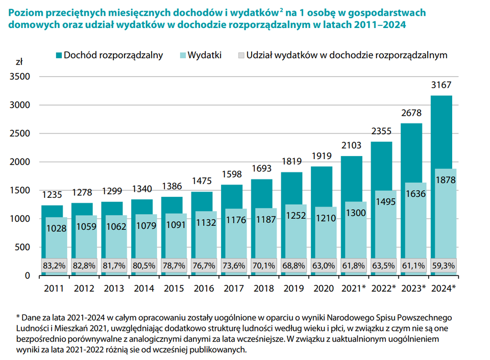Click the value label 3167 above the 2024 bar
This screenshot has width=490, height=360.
[442, 85]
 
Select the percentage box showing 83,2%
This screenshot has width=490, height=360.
[54, 266]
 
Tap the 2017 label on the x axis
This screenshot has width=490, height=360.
[233, 289]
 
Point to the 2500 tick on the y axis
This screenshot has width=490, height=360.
[21, 134]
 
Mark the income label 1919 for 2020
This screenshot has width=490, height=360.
[322, 156]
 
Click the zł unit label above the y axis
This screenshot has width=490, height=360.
[19, 62]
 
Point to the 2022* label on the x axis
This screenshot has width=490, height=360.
[383, 289]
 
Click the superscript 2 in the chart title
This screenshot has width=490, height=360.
[281, 9]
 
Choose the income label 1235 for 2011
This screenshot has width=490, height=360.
[52, 194]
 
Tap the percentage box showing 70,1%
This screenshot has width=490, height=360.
[264, 266]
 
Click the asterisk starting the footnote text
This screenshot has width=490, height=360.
[18, 317]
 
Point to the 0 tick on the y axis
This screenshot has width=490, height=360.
[28, 276]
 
